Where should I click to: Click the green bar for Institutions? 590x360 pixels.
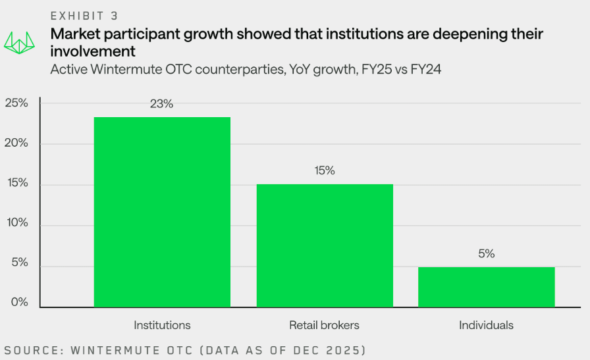[162, 211]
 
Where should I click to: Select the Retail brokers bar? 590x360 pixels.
[325, 245]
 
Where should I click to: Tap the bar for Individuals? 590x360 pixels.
[486, 286]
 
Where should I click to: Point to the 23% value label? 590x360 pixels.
[162, 104]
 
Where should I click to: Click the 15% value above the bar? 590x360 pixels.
[325, 170]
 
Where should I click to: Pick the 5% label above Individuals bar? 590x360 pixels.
[487, 253]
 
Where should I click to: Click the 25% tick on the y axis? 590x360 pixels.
[16, 103]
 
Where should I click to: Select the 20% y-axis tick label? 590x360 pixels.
[16, 143]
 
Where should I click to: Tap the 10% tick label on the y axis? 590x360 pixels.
[16, 223]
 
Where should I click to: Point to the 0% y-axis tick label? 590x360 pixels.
[18, 303]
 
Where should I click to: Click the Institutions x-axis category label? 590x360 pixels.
[162, 325]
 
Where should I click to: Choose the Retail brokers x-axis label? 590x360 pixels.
[325, 325]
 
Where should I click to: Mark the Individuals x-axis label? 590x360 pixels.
[486, 325]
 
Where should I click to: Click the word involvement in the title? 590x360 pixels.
[93, 51]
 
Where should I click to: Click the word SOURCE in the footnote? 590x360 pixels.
[31, 349]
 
